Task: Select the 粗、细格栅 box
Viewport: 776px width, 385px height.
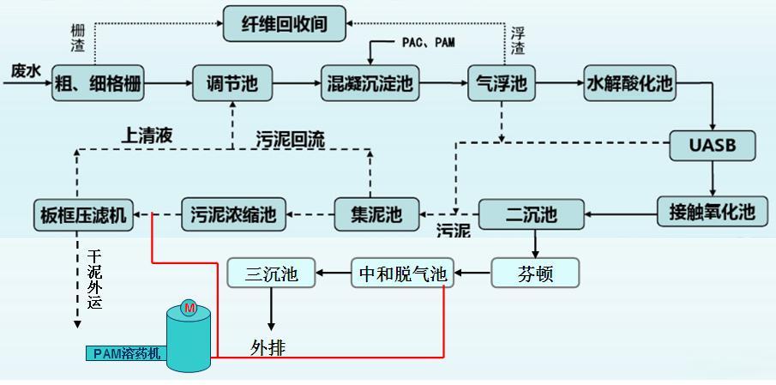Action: [97, 84]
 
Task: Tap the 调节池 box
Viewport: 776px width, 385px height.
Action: [226, 84]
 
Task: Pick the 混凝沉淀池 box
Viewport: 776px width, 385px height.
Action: [370, 84]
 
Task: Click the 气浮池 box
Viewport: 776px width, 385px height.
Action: [501, 84]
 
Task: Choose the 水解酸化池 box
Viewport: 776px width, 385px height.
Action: [629, 84]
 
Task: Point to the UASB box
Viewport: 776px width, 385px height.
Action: [713, 145]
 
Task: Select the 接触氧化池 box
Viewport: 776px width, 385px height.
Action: [712, 211]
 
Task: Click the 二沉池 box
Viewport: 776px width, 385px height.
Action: [531, 214]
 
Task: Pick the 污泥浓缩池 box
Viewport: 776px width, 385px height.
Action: [233, 214]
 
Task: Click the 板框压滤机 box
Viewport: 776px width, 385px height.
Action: [83, 214]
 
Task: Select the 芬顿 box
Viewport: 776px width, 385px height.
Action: [535, 274]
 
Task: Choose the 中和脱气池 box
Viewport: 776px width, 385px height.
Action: [402, 274]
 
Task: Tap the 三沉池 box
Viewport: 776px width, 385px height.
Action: [271, 274]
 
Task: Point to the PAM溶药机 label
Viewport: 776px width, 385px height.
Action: [126, 353]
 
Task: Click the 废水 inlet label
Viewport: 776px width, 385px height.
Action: [26, 71]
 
